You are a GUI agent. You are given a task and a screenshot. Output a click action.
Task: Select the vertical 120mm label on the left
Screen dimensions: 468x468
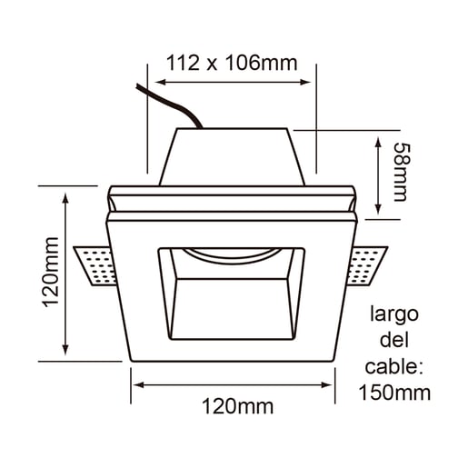(51, 272)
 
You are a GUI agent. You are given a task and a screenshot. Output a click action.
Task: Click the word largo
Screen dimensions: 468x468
(394, 315)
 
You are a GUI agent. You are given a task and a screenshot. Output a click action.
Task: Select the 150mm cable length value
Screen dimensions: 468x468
(394, 393)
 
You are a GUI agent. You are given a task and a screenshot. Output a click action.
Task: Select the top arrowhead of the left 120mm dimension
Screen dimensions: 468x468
(66, 197)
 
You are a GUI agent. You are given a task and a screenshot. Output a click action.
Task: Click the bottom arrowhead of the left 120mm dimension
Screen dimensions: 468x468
(66, 353)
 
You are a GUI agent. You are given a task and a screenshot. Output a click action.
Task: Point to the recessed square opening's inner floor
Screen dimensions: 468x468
(233, 314)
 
